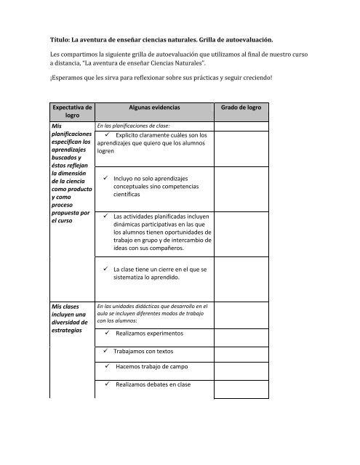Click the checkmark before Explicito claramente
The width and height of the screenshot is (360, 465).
click(x=109, y=135)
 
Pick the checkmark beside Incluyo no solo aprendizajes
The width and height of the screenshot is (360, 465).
click(x=106, y=178)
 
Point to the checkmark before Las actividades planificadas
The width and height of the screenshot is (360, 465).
click(x=106, y=216)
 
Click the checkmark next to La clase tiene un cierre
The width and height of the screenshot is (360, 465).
click(x=106, y=269)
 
